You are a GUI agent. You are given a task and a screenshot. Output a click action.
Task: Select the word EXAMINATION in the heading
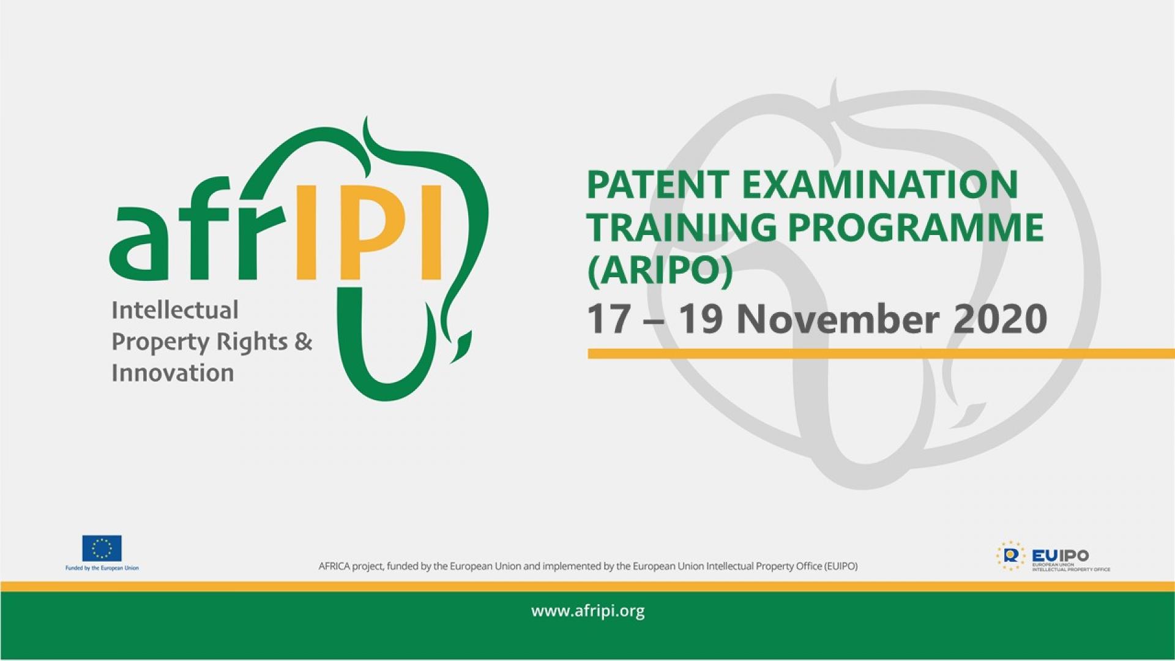(x=880, y=185)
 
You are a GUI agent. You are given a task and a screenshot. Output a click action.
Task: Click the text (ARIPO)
(x=660, y=269)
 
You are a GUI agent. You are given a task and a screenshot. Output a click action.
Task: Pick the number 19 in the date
(x=701, y=319)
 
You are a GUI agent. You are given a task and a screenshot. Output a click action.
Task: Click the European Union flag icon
(x=102, y=548)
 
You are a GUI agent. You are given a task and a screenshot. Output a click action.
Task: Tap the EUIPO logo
(x=1053, y=556)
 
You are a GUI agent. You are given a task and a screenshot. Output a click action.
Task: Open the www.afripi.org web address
(x=587, y=611)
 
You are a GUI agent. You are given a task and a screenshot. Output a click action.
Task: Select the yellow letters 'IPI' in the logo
(x=368, y=231)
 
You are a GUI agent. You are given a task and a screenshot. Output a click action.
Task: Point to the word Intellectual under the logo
(x=174, y=310)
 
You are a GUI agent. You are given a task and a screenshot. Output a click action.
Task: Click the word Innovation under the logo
(x=173, y=373)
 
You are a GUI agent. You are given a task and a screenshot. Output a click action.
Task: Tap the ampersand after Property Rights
(x=303, y=342)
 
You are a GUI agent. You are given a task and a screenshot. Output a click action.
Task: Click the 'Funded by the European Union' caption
(x=102, y=568)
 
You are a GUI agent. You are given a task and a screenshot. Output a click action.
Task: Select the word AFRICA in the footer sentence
(x=334, y=566)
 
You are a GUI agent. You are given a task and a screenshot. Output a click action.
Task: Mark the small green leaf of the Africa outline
(x=463, y=345)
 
